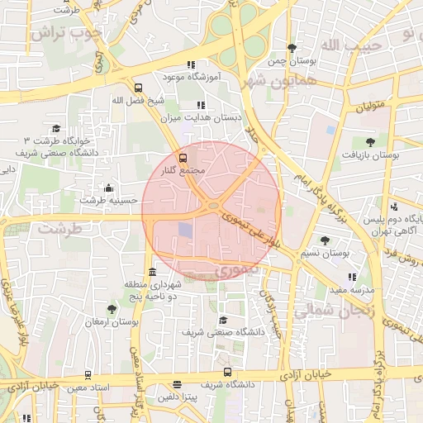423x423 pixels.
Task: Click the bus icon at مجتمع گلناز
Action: point(183,157)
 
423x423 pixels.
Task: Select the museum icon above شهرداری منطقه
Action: point(151,273)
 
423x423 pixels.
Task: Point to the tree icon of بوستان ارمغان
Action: point(112,308)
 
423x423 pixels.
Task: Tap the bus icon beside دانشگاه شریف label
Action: point(227,373)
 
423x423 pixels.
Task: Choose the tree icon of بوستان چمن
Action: point(292,48)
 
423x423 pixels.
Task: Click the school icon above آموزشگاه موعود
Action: point(192,64)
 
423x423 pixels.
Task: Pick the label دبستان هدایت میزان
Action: point(202,118)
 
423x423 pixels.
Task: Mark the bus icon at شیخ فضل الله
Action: point(137,88)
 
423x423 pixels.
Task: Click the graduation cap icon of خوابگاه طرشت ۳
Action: point(56,128)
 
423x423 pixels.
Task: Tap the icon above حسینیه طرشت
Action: point(108,188)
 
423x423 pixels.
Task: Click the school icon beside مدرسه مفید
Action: point(353,278)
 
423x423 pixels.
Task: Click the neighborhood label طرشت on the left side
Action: point(61,228)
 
